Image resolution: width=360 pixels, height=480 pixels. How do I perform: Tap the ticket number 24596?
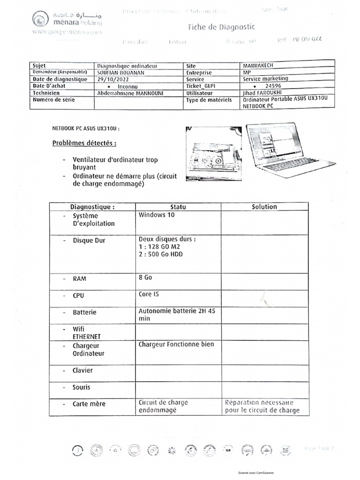[273, 86]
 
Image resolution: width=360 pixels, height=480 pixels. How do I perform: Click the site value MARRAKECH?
[261, 66]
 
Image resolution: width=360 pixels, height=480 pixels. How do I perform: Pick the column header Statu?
[178, 207]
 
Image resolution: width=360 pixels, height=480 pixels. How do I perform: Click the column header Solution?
[264, 207]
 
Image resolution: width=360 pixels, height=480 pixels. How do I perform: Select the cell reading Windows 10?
[157, 215]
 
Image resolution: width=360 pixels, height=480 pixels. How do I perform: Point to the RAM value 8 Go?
[146, 277]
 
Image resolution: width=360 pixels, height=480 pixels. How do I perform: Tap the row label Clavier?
[82, 370]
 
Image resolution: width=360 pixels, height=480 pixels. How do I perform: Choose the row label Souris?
[82, 388]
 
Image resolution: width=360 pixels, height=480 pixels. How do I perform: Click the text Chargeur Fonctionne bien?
[176, 345]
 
